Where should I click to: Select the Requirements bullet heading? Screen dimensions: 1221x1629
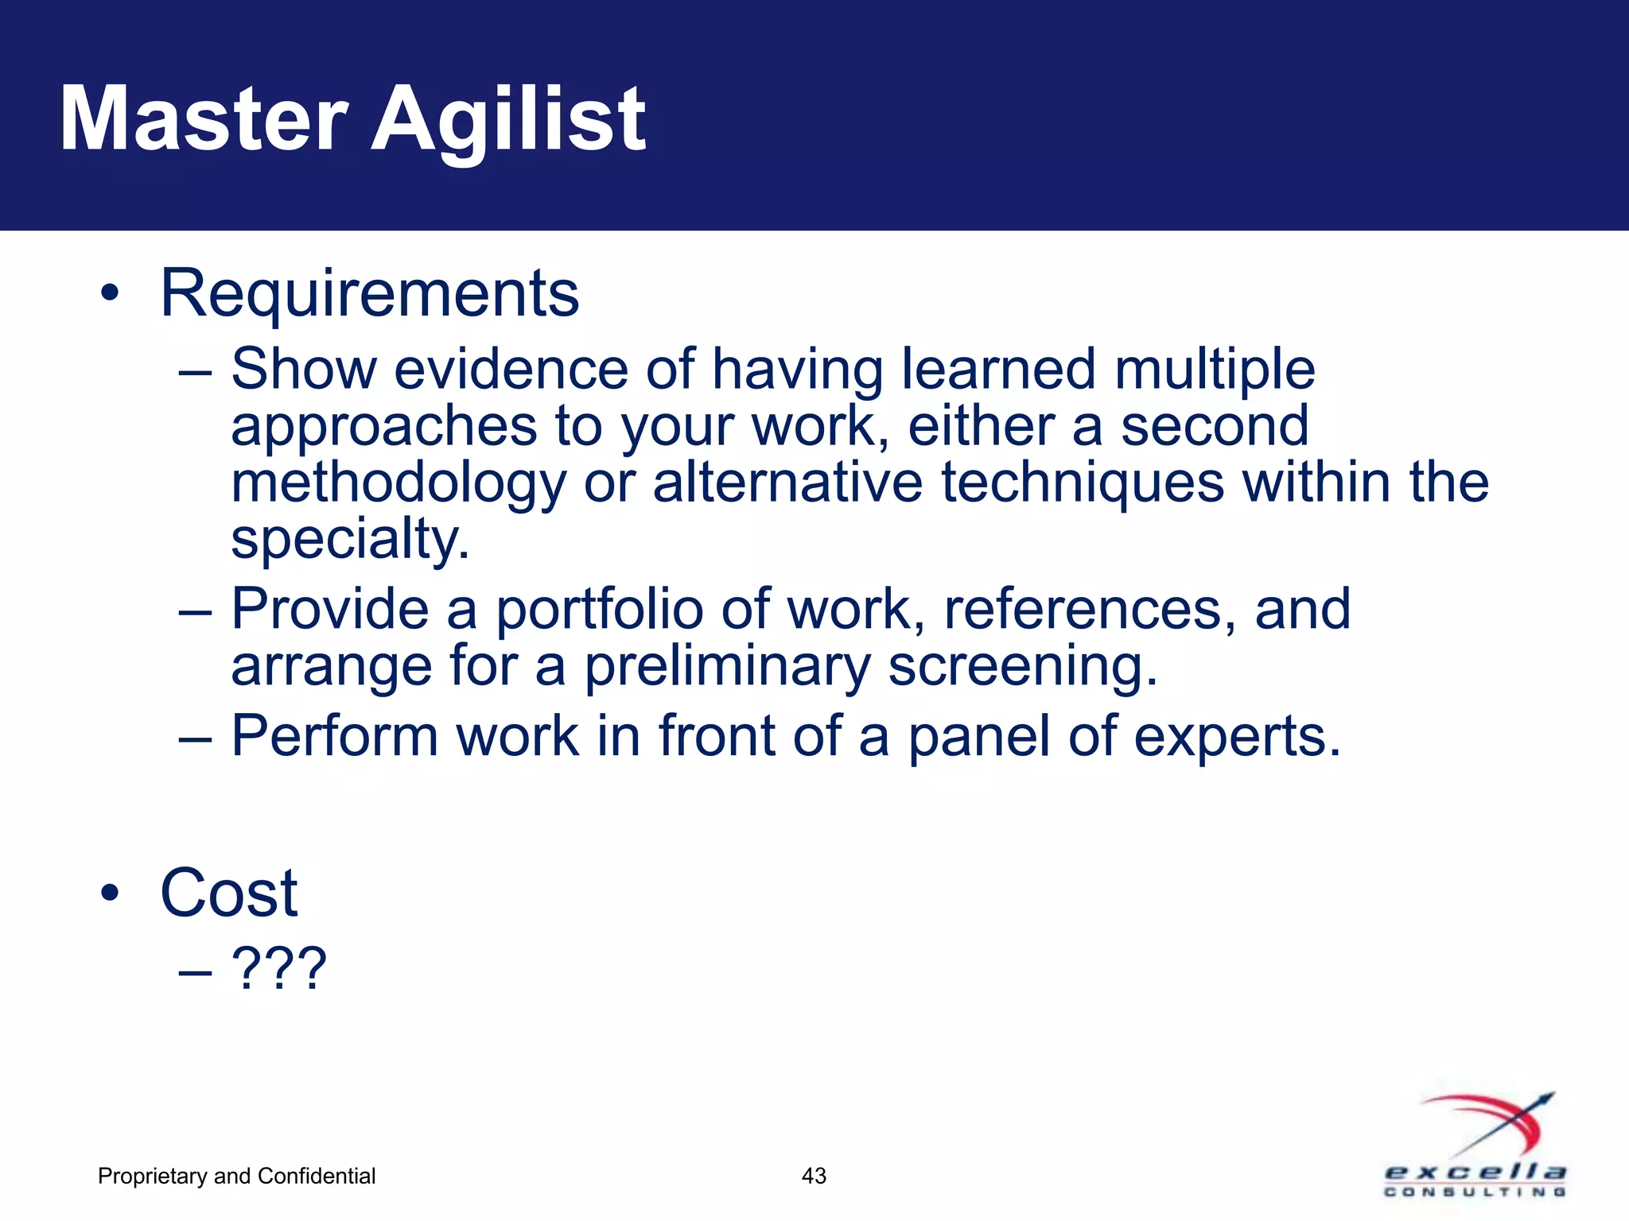[x=370, y=293]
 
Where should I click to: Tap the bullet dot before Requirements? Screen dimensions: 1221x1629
[x=110, y=293]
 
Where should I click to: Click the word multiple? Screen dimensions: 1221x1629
[x=1215, y=370]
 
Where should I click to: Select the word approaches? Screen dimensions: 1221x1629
[x=384, y=428]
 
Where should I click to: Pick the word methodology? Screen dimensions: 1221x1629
[x=399, y=484]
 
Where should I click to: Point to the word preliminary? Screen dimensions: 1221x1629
[x=728, y=667]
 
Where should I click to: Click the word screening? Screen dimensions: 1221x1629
[x=1022, y=667]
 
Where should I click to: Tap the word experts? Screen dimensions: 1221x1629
[x=1237, y=738]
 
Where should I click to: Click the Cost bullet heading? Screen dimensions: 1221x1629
[x=229, y=893]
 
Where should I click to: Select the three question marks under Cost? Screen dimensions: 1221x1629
[x=278, y=968]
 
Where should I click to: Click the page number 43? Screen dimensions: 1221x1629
[x=814, y=1176]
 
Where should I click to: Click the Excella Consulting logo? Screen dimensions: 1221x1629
[x=1476, y=1145]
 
